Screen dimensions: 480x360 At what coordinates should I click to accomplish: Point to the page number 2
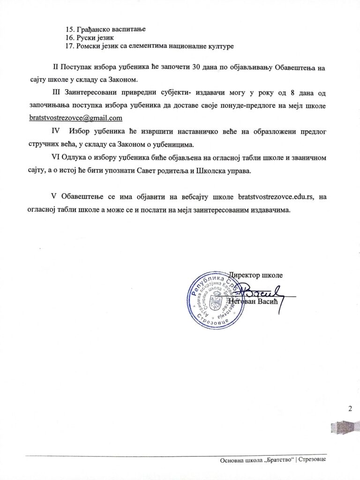click(x=350, y=408)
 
